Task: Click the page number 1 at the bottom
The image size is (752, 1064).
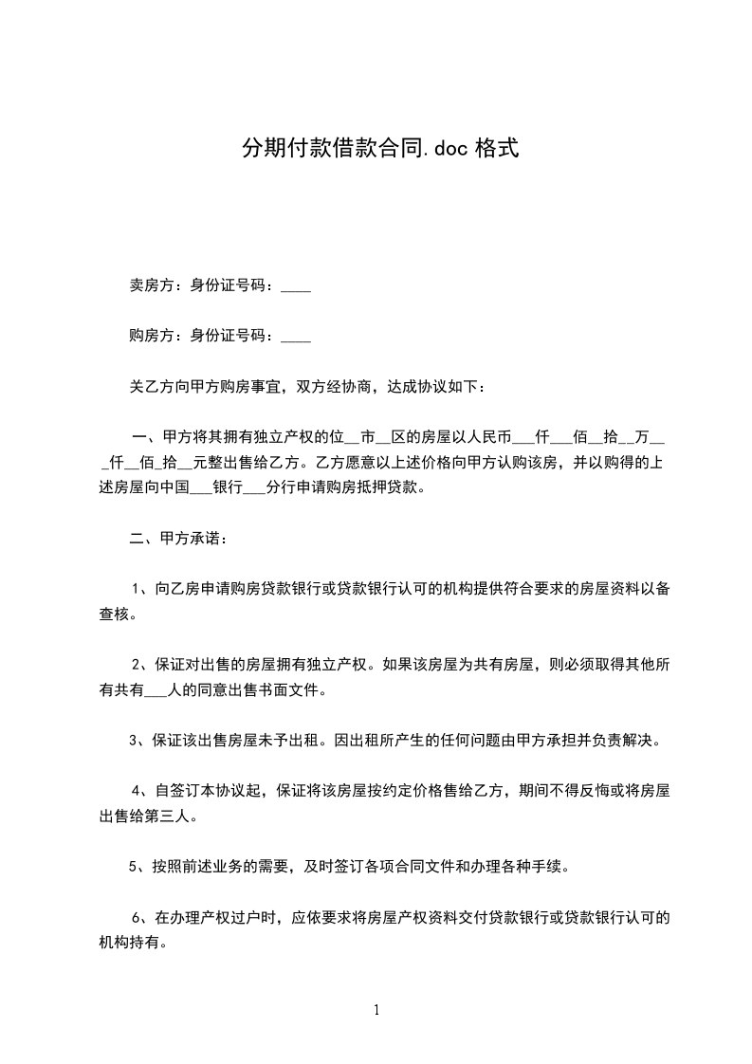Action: point(376,1010)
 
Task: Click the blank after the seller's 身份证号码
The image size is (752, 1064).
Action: point(297,285)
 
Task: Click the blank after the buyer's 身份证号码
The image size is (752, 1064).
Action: point(297,336)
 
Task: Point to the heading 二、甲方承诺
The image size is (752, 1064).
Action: point(176,539)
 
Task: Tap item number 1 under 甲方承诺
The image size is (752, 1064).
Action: point(137,589)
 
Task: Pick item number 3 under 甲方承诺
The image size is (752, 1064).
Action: point(134,741)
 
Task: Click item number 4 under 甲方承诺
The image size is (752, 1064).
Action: point(137,791)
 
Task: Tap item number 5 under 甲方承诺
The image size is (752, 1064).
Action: point(134,866)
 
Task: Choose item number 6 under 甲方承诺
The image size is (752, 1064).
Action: point(137,917)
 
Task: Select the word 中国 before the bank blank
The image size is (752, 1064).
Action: point(175,488)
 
